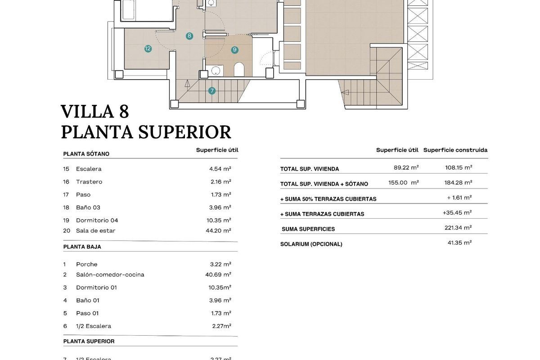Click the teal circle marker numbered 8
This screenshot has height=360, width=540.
189,36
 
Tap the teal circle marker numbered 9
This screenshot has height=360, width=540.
235,49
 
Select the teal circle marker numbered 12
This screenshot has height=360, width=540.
148,49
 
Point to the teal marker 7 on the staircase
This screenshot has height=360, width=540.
212,91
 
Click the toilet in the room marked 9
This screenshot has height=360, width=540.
239,69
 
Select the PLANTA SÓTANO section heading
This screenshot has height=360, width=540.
86,154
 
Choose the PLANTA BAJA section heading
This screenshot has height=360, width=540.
82,247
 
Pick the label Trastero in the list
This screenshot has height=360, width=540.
89,182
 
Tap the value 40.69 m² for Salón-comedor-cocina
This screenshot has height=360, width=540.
218,274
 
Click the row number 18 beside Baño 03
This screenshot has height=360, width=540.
66,207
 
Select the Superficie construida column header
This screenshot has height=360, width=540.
455,150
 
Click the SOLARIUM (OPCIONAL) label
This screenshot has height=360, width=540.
311,244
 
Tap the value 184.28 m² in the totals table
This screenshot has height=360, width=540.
458,183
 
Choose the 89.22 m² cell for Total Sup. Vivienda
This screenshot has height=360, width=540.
406,167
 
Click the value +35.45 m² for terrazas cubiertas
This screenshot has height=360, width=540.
457,212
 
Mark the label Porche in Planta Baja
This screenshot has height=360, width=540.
87,264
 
